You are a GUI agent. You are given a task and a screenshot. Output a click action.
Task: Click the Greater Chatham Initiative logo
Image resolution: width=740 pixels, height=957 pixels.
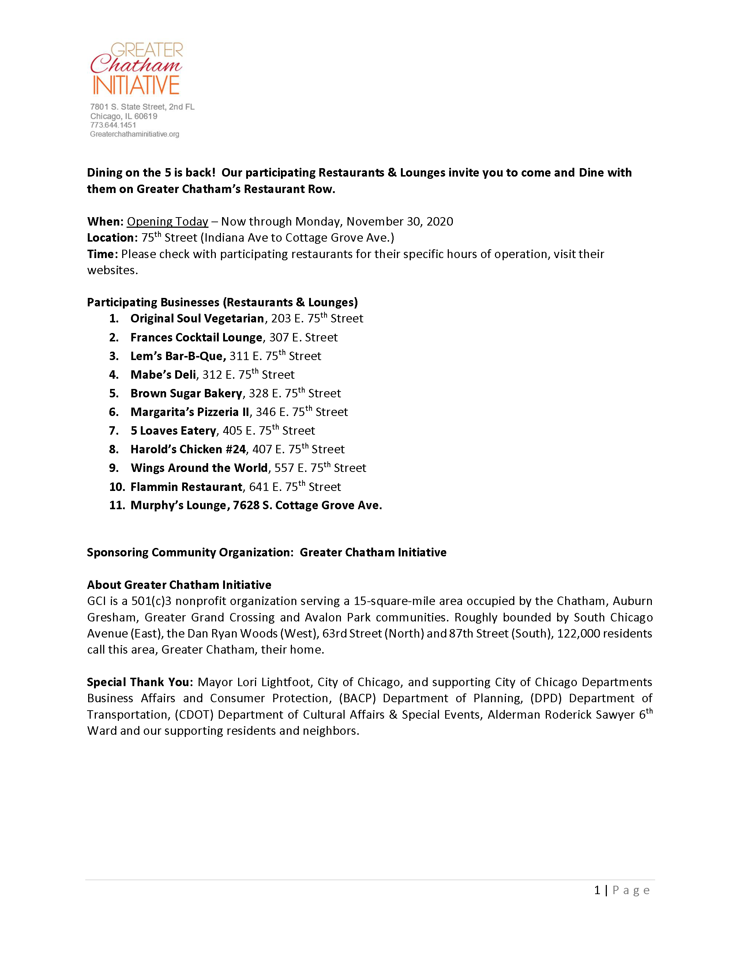coord(136,68)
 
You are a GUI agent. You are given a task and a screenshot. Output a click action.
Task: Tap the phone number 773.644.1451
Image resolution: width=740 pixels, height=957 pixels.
coord(113,125)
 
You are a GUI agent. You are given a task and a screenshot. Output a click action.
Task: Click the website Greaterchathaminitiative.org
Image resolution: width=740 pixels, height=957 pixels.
coord(135,135)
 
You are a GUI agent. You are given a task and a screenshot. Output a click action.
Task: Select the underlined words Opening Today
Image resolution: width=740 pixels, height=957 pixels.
coord(168,222)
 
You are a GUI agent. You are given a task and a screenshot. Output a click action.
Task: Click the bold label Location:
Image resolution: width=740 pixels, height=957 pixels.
coord(112,238)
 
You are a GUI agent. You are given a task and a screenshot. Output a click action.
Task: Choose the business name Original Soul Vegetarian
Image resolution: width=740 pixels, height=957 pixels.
coord(197,318)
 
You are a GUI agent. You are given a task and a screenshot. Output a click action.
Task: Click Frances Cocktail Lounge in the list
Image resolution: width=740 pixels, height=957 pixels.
coord(196,337)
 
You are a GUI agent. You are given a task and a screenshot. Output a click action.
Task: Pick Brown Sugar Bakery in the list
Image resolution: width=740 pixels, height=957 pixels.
coord(186,393)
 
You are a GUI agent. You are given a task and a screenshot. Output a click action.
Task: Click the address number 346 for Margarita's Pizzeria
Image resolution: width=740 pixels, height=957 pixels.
coord(266,412)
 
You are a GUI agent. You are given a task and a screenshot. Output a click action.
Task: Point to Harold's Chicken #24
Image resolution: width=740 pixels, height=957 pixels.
coord(188,450)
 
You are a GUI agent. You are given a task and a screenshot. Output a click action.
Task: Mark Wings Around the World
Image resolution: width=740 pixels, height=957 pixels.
coord(199,468)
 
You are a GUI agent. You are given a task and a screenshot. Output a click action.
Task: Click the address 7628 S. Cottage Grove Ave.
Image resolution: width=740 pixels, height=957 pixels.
coord(307,506)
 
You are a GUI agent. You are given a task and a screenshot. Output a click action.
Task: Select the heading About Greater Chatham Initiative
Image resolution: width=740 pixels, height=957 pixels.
coord(179,585)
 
